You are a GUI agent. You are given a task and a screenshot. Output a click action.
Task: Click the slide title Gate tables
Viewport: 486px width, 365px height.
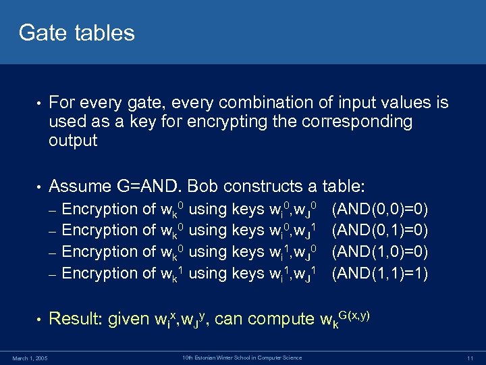coord(77,32)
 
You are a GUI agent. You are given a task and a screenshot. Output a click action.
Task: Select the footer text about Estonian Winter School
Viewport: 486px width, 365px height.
coord(243,357)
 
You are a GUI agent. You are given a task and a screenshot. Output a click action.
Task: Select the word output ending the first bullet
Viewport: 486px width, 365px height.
coord(73,141)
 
